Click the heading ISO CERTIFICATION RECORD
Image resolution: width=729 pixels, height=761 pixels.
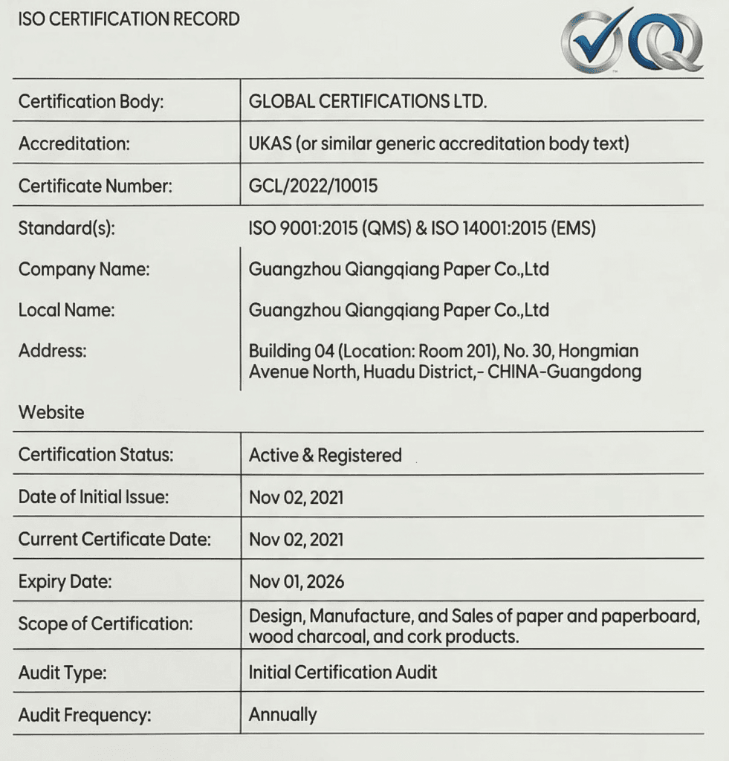[129, 19]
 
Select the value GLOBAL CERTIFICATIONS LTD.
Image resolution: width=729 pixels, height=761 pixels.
[368, 101]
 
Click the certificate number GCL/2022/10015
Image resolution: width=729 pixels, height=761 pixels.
[313, 186]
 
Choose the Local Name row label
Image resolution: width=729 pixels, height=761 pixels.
[67, 310]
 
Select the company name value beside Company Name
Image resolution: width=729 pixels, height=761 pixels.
[399, 269]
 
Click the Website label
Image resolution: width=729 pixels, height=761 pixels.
[51, 412]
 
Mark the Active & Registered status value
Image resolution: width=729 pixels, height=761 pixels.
[325, 455]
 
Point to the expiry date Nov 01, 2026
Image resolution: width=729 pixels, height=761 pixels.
[297, 581]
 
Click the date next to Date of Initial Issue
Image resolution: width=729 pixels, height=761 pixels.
[297, 496]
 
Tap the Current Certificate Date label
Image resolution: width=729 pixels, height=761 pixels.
[114, 540]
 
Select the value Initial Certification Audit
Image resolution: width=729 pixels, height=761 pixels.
[343, 673]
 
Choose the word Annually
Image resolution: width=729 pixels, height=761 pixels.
[282, 715]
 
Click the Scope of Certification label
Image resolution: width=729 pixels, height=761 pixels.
[106, 624]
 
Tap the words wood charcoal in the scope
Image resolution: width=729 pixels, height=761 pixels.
[292, 637]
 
